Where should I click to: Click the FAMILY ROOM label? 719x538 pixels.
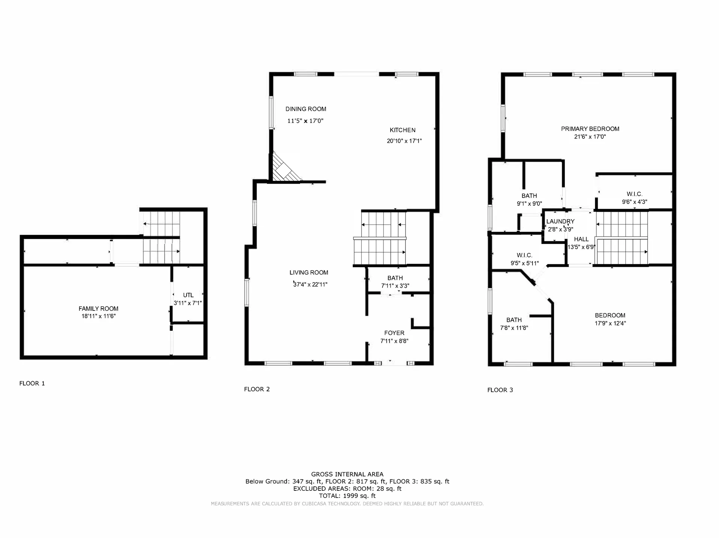[98, 309]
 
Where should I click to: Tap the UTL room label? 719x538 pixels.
[188, 295]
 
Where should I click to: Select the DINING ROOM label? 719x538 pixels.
[306, 109]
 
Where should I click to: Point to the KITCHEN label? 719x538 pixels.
[403, 130]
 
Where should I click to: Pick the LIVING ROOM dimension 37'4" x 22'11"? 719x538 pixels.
[310, 284]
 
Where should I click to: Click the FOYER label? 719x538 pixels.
[394, 333]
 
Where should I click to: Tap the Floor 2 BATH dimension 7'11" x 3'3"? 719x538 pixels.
[395, 286]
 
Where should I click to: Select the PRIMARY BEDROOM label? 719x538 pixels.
[590, 129]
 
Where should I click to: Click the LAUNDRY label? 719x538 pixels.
[560, 221]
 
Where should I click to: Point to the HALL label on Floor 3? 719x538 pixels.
[581, 239]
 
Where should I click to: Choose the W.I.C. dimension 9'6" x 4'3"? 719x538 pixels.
[635, 202]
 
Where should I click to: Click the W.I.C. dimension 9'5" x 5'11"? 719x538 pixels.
[525, 263]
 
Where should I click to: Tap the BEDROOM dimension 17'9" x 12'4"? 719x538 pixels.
[610, 323]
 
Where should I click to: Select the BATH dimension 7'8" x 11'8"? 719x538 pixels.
[514, 328]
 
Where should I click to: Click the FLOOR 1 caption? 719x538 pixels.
[32, 383]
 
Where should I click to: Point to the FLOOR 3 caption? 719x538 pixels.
[500, 390]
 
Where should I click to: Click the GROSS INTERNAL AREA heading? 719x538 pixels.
[347, 474]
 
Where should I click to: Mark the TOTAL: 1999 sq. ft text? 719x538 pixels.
[347, 496]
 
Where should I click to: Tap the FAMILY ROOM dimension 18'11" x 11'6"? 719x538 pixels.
[98, 316]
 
